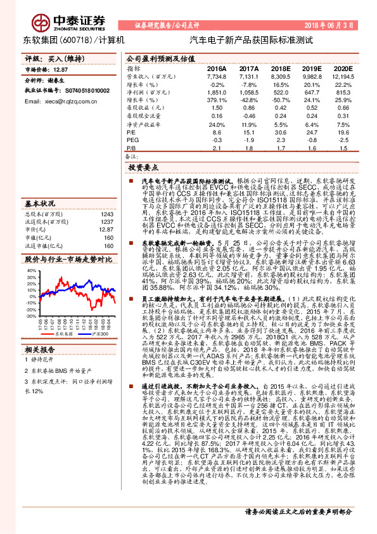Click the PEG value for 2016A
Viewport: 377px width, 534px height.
coord(216,140)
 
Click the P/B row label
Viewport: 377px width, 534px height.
coord(131,147)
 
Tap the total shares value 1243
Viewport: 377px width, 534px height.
coord(106,214)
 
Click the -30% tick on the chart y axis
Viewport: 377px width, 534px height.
coord(32,315)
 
